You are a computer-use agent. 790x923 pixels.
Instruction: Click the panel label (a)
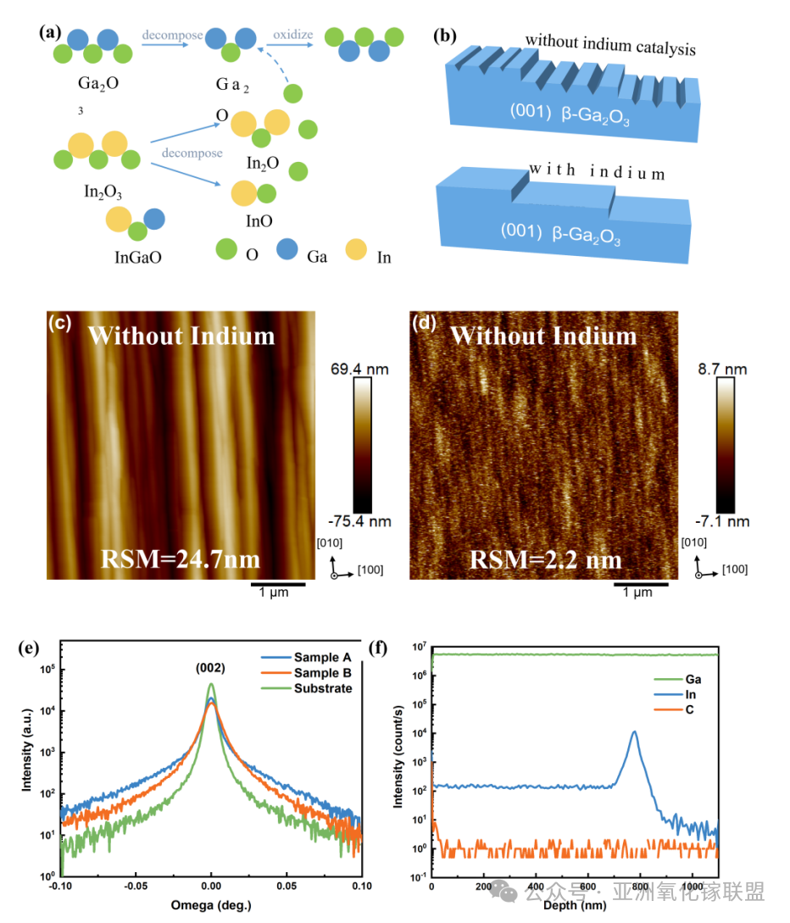click(x=50, y=32)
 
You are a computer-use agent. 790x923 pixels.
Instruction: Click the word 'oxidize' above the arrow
click(x=292, y=35)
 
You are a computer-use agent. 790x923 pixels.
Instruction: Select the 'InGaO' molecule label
click(x=137, y=257)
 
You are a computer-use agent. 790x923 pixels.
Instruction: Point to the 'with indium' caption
click(x=597, y=172)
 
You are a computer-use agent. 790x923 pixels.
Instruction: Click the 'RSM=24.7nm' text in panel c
click(x=179, y=559)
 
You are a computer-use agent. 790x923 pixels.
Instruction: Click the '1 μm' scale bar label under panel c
click(x=274, y=592)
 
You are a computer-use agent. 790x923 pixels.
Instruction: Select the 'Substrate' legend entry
click(x=323, y=687)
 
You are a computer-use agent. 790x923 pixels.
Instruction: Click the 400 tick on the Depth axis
click(x=536, y=886)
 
